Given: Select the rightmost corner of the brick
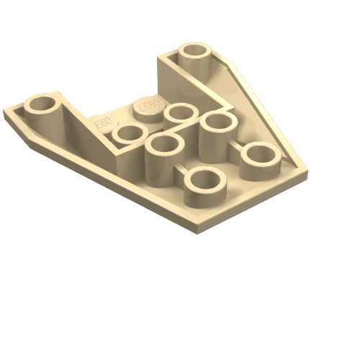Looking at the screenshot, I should (x=307, y=173).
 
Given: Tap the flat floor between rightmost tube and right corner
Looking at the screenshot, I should (x=288, y=170).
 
